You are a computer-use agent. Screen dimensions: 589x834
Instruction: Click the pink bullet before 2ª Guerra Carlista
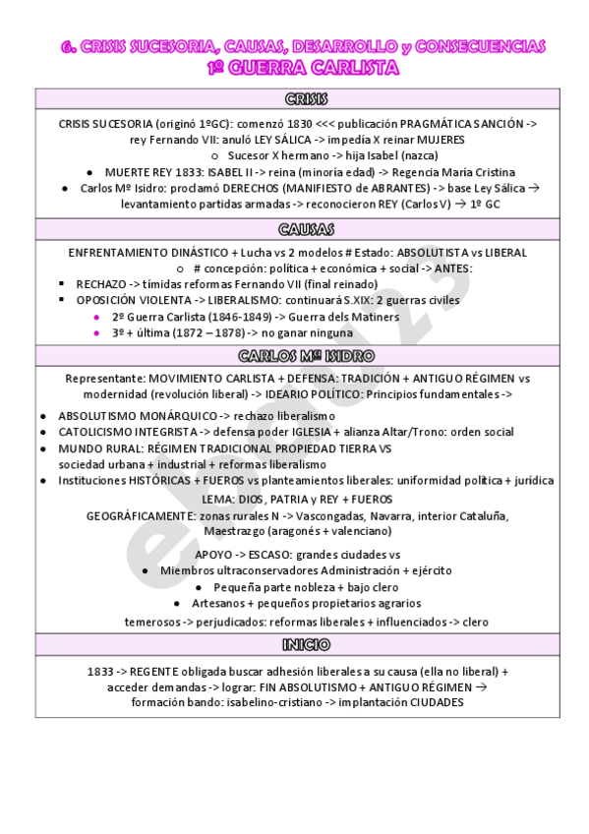tap(95, 317)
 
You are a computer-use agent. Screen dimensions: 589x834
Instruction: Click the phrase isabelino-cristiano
tap(266, 703)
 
